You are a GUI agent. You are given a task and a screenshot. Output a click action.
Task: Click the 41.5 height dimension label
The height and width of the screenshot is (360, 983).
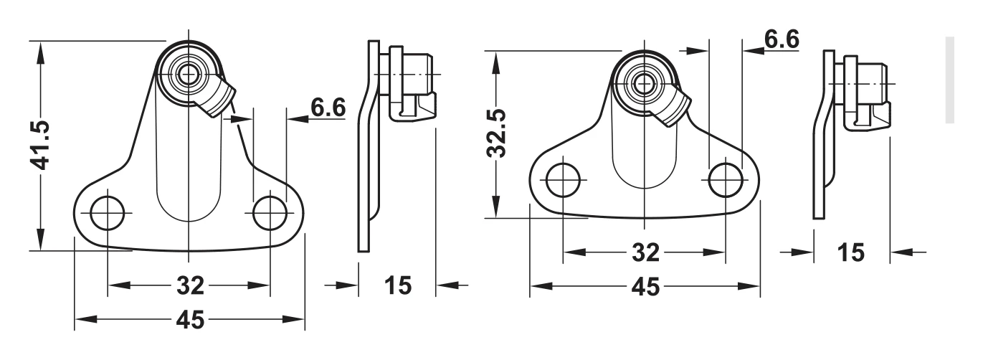(40, 146)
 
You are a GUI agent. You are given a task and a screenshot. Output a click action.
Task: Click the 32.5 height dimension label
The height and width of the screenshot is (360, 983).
(497, 133)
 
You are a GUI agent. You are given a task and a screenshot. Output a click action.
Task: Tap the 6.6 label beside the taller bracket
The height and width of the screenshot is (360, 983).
(328, 107)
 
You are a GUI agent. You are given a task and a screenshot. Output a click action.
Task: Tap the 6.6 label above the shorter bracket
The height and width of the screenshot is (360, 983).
(782, 39)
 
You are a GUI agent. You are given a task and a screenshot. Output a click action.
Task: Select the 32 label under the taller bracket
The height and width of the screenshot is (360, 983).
(191, 285)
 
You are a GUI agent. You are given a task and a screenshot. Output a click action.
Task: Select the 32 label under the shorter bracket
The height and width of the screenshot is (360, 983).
(645, 252)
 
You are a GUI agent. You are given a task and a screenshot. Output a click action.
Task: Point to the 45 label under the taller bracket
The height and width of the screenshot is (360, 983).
(191, 319)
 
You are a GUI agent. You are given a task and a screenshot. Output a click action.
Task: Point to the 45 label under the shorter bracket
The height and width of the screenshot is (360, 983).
(645, 287)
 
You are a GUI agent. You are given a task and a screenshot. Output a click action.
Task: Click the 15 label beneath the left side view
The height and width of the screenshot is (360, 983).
(398, 285)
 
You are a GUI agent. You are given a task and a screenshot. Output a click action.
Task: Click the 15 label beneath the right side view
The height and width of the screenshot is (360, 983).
(851, 252)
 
